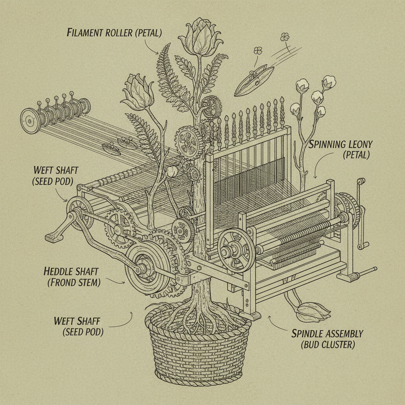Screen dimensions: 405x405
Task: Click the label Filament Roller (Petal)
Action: coord(114,32)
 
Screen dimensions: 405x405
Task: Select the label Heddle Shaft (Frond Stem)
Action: coord(72,277)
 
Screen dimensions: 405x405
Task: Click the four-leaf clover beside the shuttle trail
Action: coord(284,37)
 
